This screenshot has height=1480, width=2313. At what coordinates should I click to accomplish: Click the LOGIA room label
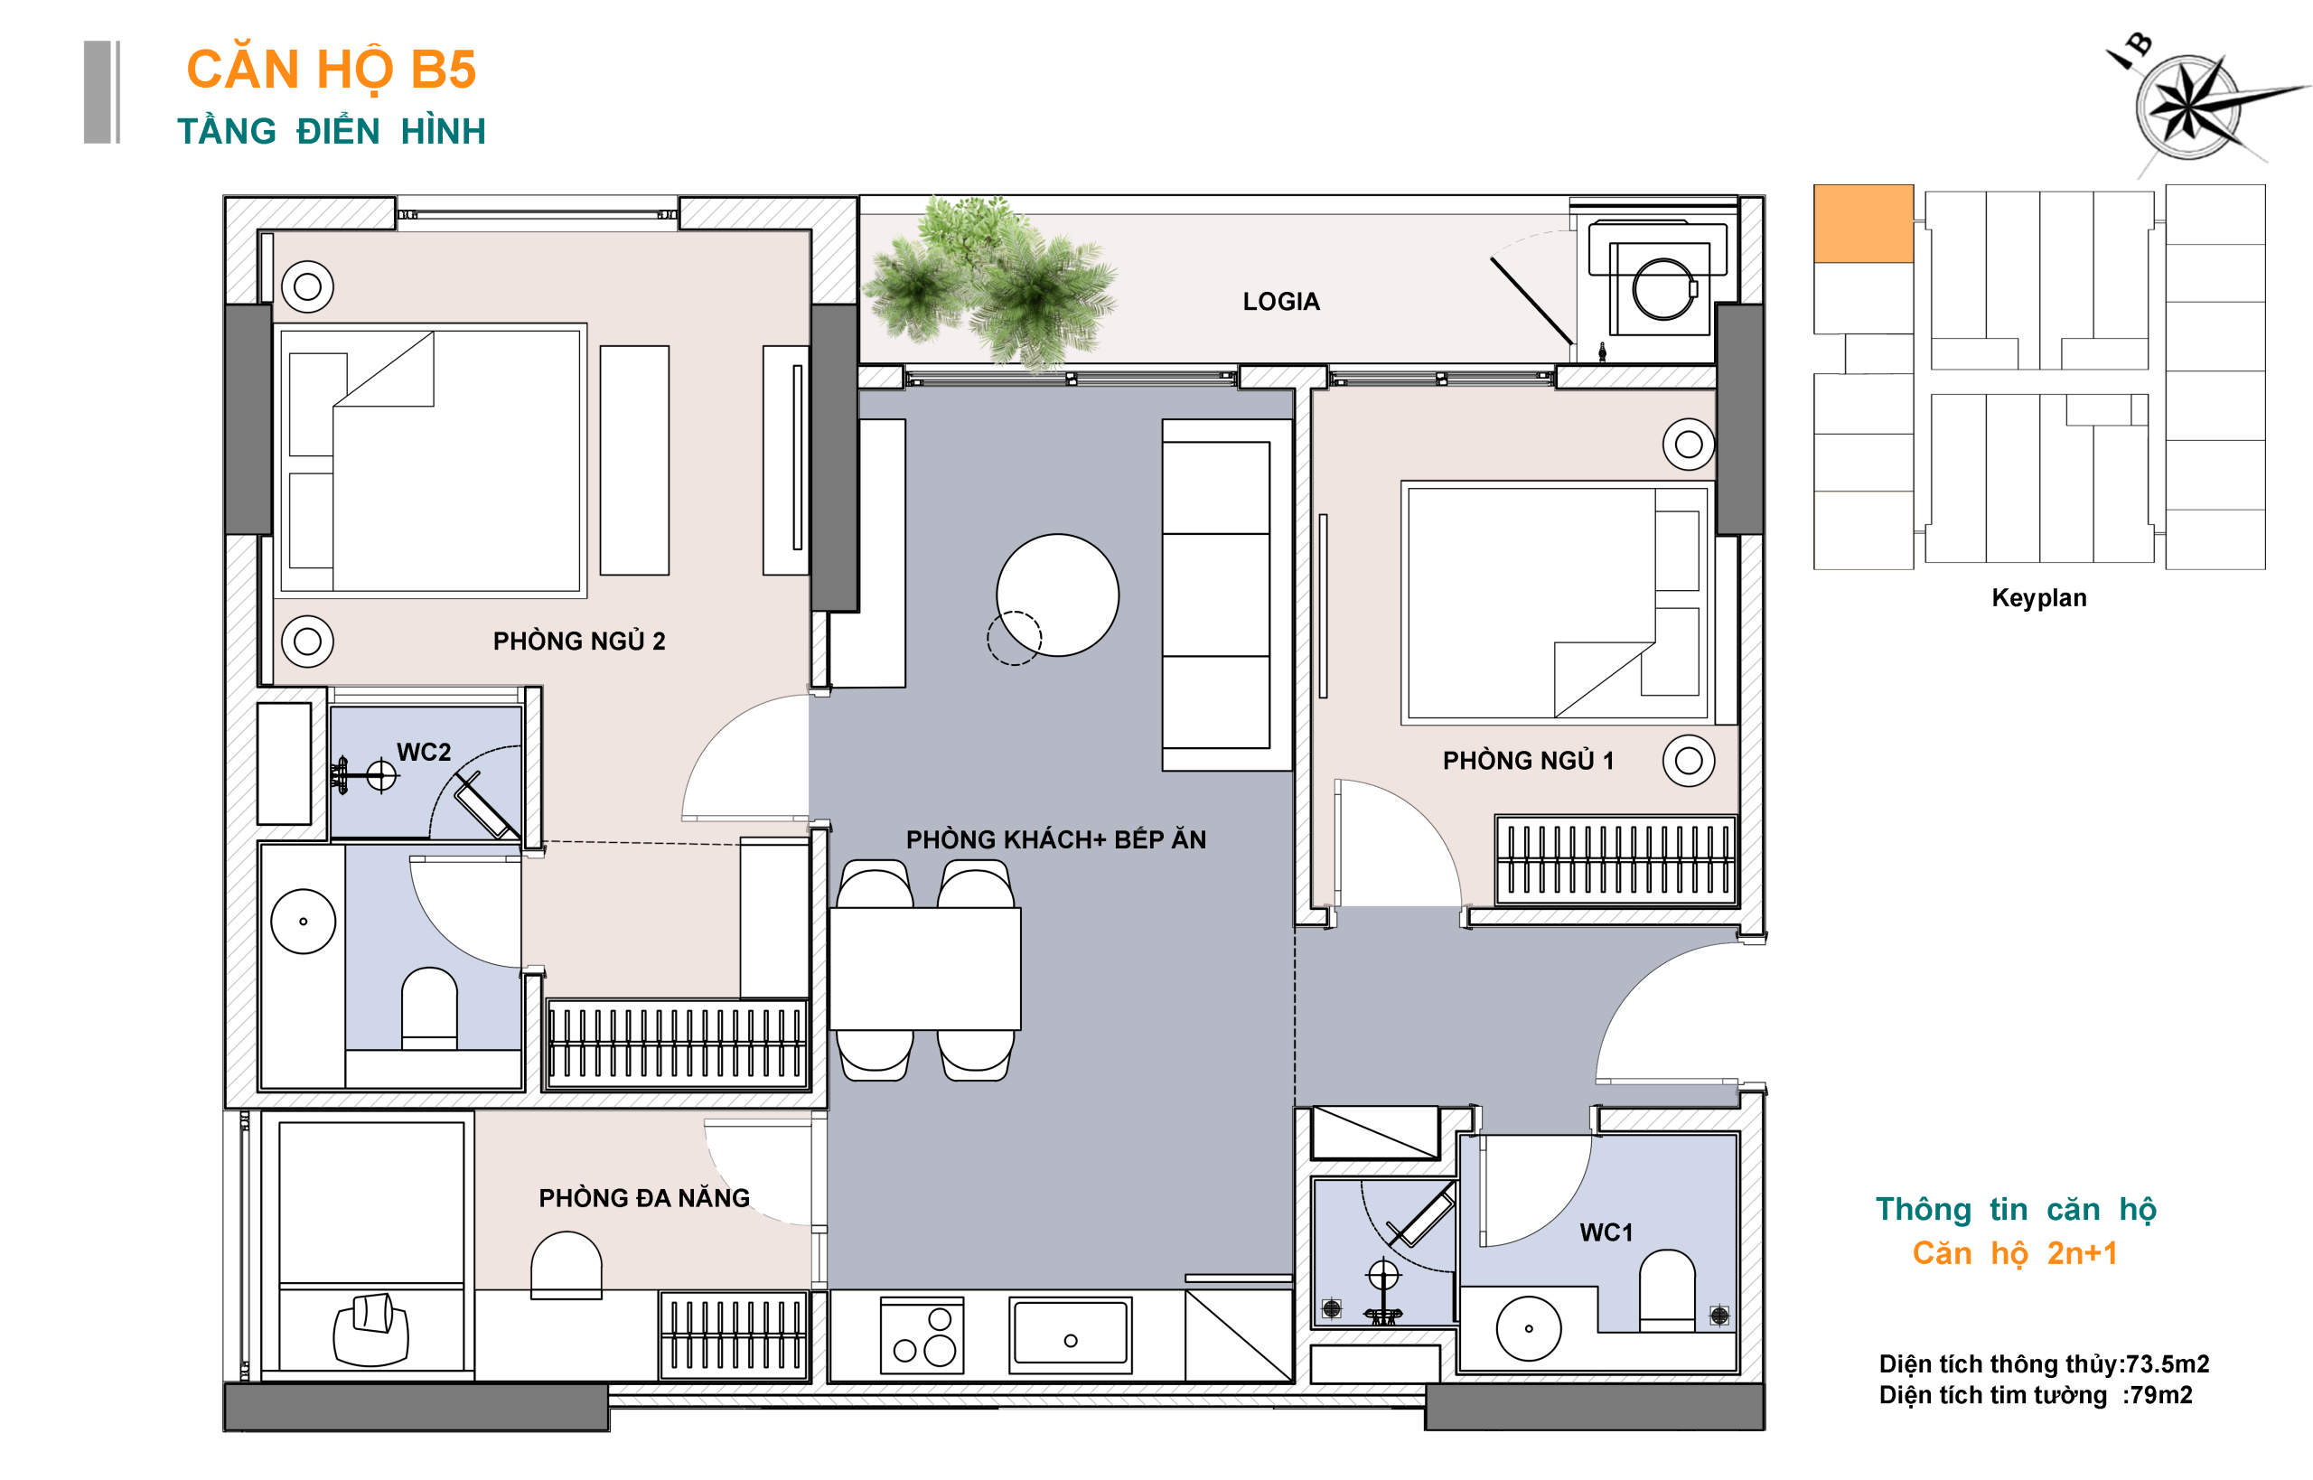1281,302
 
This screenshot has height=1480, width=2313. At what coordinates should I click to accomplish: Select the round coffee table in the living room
1057,595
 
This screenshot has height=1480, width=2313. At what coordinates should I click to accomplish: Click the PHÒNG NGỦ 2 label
578,641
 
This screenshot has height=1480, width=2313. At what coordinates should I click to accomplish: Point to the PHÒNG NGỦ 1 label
1528,760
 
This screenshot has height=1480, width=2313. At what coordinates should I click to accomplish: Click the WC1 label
1606,1232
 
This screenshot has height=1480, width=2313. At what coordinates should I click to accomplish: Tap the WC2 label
424,752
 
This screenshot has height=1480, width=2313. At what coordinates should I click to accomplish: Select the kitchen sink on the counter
1071,1335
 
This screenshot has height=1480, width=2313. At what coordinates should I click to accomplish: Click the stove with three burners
922,1335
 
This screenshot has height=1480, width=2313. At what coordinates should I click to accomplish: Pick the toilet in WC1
1666,1289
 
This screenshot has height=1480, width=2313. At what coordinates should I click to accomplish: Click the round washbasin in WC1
1528,1328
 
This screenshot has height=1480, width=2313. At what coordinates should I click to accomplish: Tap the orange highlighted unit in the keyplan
1863,223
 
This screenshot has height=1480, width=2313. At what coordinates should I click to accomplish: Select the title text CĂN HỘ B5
332,70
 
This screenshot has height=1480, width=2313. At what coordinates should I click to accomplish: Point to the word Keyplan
2039,598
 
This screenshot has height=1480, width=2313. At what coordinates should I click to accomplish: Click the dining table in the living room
924,969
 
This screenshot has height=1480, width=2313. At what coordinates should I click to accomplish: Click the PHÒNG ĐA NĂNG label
644,1197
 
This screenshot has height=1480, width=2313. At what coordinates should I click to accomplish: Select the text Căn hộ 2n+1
2014,1253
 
